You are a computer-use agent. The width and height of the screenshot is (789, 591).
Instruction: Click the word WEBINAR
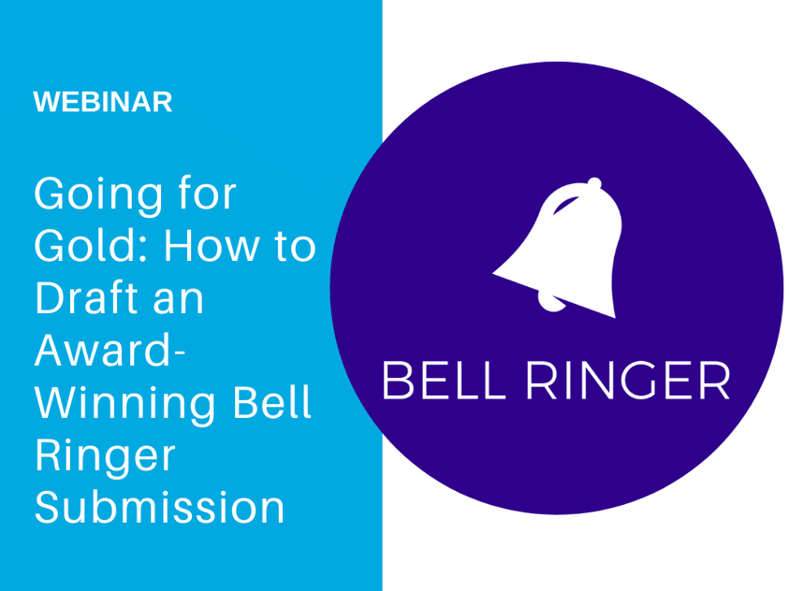(103, 102)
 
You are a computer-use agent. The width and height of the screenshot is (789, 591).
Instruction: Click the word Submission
(159, 507)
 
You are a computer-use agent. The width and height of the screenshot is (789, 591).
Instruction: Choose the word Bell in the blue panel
(271, 402)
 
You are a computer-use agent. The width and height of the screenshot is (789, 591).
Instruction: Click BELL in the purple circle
(444, 381)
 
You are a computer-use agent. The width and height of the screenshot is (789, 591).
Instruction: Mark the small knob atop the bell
(594, 183)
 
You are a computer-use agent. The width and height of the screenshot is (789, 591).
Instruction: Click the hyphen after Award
(178, 352)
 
